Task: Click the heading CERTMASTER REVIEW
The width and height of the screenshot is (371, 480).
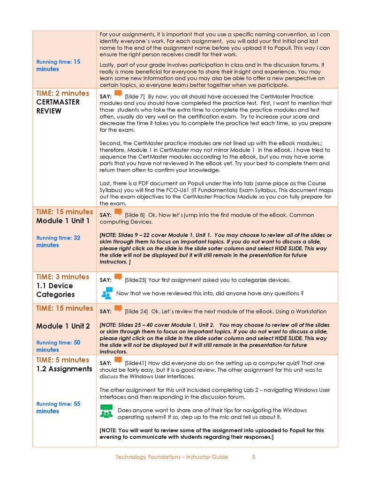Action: (x=58, y=106)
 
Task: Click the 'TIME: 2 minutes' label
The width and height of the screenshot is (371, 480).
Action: (x=62, y=93)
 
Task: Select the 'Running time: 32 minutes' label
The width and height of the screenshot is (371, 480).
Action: (x=58, y=241)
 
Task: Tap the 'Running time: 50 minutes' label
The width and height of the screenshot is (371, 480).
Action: (x=58, y=346)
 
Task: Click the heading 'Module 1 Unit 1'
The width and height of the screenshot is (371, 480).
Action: (x=63, y=221)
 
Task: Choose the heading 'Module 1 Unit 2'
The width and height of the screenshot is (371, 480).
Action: (x=63, y=326)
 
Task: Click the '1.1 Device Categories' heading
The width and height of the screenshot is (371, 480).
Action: (x=55, y=290)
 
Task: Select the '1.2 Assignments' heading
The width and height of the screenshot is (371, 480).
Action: (x=64, y=369)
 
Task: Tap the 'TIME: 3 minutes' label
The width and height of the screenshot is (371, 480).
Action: (x=62, y=277)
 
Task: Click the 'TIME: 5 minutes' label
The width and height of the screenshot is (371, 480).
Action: (x=62, y=360)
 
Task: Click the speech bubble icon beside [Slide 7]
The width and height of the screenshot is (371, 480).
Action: (x=118, y=94)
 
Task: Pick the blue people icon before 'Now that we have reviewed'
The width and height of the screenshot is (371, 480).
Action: (x=107, y=293)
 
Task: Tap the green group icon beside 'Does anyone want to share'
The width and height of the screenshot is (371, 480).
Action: (x=106, y=411)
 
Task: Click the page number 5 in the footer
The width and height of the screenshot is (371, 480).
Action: (x=254, y=457)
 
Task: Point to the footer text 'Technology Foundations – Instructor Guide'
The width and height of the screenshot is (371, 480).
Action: (x=172, y=457)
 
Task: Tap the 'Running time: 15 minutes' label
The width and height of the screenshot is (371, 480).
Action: (x=58, y=65)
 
